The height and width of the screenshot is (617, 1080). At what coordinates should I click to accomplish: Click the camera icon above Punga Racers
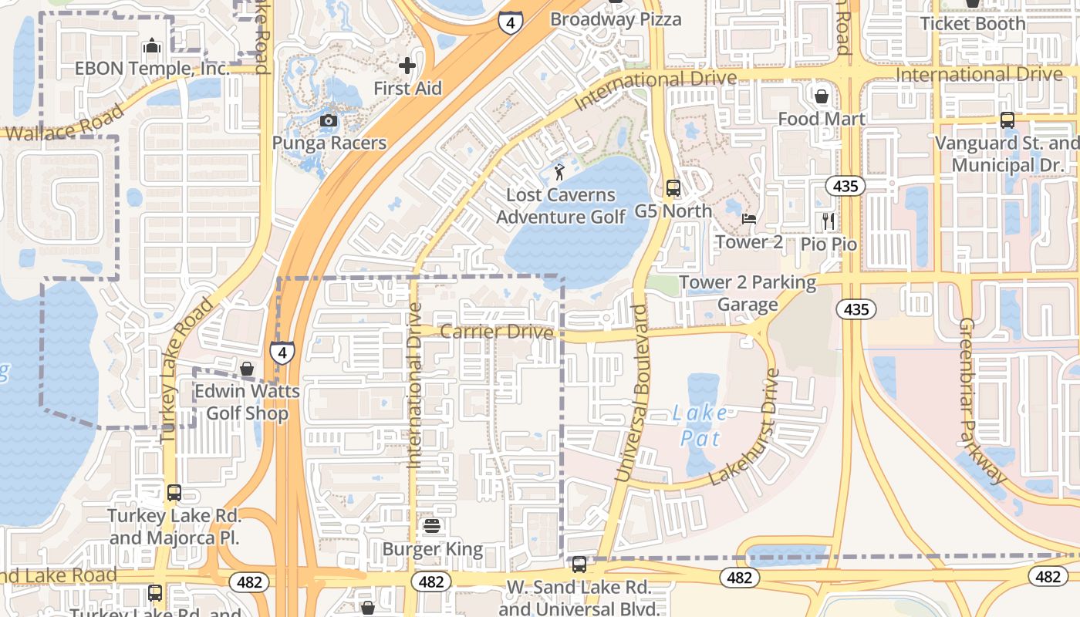[x=329, y=120]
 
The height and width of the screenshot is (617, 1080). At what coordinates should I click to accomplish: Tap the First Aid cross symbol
[x=407, y=66]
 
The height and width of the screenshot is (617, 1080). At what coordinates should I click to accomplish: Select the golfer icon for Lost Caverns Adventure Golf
[x=560, y=171]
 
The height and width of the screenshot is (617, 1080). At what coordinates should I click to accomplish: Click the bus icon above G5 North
[x=673, y=187]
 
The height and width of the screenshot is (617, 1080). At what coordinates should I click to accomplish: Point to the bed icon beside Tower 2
[x=748, y=219]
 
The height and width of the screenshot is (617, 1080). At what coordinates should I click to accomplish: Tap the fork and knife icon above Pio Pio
[x=829, y=221]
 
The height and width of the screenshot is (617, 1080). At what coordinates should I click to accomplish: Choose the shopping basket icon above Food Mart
[x=822, y=96]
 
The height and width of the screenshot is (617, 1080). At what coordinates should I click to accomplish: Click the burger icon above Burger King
[x=432, y=527]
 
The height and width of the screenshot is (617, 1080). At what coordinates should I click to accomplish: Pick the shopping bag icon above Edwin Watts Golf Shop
[x=247, y=369]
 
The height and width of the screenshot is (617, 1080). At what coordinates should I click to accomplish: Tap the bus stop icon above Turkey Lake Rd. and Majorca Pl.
[x=174, y=492]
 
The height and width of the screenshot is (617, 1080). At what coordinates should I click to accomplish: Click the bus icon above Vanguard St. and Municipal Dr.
[x=1007, y=120]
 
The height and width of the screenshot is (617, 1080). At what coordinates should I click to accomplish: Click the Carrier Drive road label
[x=497, y=332]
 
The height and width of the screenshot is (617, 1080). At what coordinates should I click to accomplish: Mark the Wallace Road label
[x=62, y=124]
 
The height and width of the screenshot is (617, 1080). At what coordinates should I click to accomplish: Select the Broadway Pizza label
[x=616, y=19]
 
